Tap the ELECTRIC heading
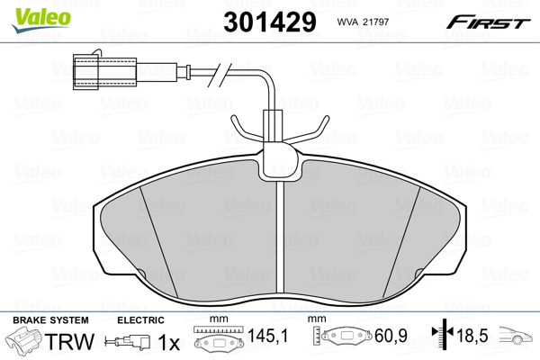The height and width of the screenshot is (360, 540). (140, 320)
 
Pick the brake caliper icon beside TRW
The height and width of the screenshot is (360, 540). (26, 342)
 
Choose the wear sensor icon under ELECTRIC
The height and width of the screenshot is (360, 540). (130, 343)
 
